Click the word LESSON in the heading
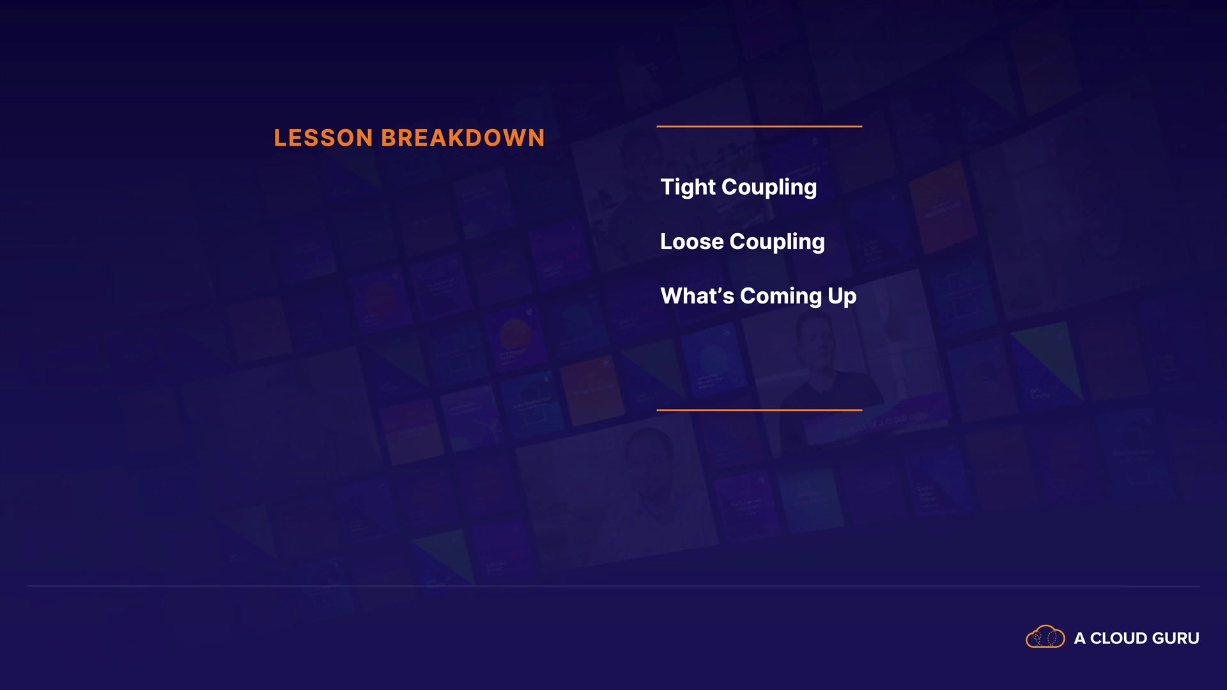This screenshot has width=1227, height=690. pos(323,138)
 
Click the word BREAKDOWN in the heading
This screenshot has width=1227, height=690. pos(463,138)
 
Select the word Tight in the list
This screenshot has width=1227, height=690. pos(688,188)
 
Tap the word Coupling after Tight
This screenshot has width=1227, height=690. pos(769,188)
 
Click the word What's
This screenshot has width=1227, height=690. pos(697,296)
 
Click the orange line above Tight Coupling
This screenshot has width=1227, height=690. pos(759,126)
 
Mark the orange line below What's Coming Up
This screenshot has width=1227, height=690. pos(759,410)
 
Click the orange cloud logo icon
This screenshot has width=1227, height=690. pos(1046,637)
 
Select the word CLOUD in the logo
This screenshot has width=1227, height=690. pos(1118,638)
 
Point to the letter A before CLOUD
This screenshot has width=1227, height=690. pos(1079,638)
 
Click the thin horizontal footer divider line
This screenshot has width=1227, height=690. pos(613,586)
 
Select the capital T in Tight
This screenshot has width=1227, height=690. pos(667,187)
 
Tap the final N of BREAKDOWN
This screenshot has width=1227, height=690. pos(536,138)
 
